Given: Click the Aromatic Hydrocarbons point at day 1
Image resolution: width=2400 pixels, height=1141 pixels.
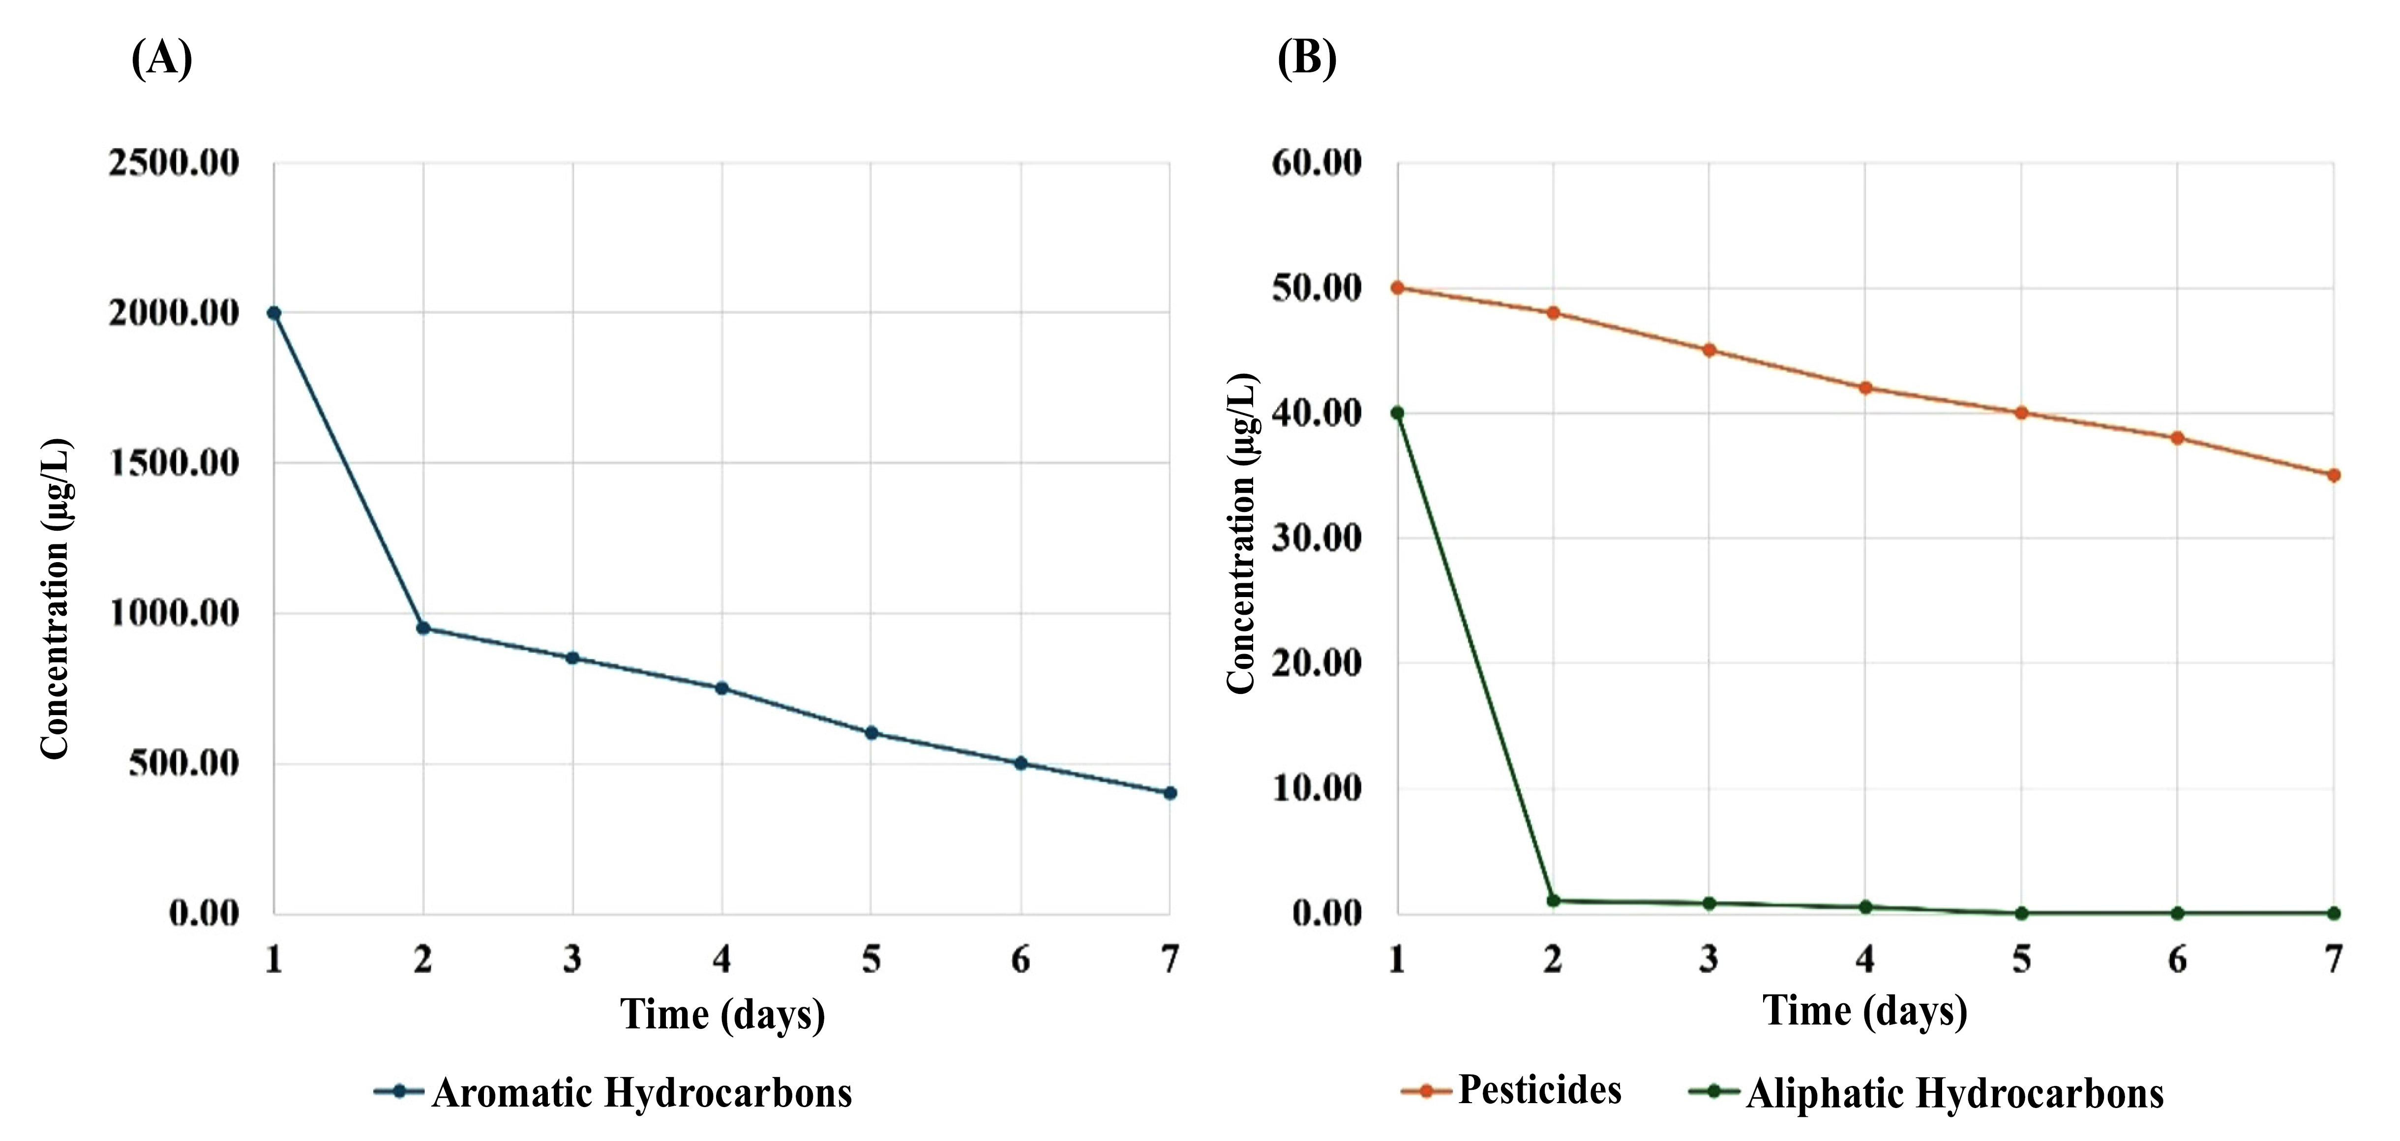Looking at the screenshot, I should [x=274, y=313].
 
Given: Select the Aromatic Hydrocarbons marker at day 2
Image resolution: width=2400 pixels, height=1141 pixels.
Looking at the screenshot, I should [x=423, y=628].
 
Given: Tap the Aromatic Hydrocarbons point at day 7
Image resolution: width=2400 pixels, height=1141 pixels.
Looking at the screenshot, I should [x=1170, y=793].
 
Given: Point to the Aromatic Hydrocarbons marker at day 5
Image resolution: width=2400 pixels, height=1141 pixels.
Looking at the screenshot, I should [x=871, y=733].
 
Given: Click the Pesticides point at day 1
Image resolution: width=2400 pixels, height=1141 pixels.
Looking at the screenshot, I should [x=1398, y=288].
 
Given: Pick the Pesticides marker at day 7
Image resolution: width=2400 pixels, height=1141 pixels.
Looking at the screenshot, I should [x=2334, y=475].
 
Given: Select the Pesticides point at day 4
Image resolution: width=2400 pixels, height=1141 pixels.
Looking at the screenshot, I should [x=1865, y=388].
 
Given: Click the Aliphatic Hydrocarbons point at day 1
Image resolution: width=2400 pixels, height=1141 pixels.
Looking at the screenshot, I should [x=1398, y=413].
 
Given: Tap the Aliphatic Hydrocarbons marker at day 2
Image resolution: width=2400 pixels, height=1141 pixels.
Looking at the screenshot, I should [x=1553, y=901].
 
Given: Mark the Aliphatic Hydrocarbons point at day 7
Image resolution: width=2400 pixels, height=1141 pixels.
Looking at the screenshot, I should [x=2334, y=913].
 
